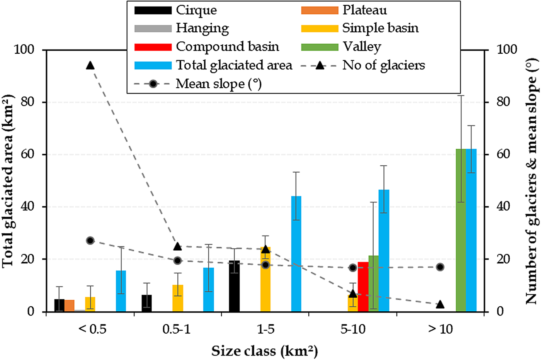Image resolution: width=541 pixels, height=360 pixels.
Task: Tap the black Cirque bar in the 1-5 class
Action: click(x=234, y=286)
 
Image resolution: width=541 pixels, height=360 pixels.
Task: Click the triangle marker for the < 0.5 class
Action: click(x=90, y=65)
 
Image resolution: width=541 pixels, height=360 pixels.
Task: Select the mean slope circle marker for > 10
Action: click(x=440, y=267)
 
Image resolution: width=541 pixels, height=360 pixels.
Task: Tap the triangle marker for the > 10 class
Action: click(x=440, y=304)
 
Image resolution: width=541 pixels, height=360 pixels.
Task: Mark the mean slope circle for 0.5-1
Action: click(x=178, y=261)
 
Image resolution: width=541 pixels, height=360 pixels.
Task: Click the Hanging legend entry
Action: click(x=202, y=28)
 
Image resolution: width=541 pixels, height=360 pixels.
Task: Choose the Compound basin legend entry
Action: click(x=227, y=47)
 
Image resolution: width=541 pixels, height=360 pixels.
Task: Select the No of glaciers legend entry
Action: click(x=383, y=65)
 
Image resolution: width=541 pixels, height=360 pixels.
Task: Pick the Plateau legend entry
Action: click(x=364, y=10)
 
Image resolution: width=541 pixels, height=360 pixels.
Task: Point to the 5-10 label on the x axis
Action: click(x=353, y=329)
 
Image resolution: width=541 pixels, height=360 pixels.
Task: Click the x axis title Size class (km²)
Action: click(x=264, y=352)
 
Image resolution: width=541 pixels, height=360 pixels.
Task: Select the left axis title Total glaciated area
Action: click(x=9, y=180)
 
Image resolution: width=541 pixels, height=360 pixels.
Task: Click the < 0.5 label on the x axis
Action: click(x=92, y=329)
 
